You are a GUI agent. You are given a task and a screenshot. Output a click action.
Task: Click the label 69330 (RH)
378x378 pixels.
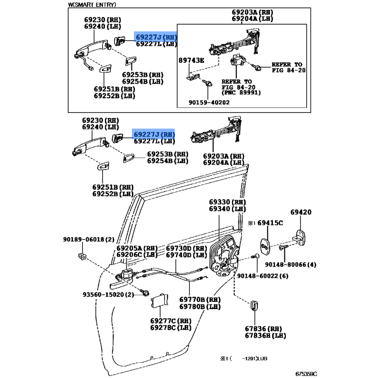pos(228,201)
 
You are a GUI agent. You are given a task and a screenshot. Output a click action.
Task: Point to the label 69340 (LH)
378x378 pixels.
pos(228,208)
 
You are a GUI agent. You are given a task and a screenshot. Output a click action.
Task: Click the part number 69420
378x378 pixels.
pos(301,213)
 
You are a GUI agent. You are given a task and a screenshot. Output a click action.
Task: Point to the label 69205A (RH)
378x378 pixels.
pos(137,248)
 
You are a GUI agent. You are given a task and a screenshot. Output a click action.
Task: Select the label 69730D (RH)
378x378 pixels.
pos(186,248)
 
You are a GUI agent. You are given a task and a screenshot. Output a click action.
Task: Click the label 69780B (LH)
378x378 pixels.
pos(200,306)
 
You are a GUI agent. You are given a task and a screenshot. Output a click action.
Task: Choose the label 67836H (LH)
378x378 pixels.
pos(266,335)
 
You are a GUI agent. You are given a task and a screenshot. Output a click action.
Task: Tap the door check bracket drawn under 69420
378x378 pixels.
pos(301,236)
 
